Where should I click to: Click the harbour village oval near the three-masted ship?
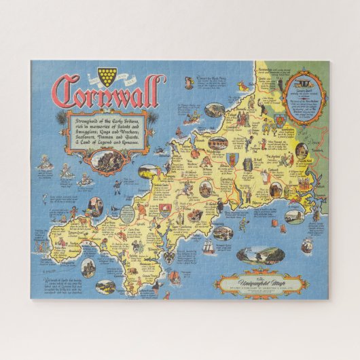(223, 232)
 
